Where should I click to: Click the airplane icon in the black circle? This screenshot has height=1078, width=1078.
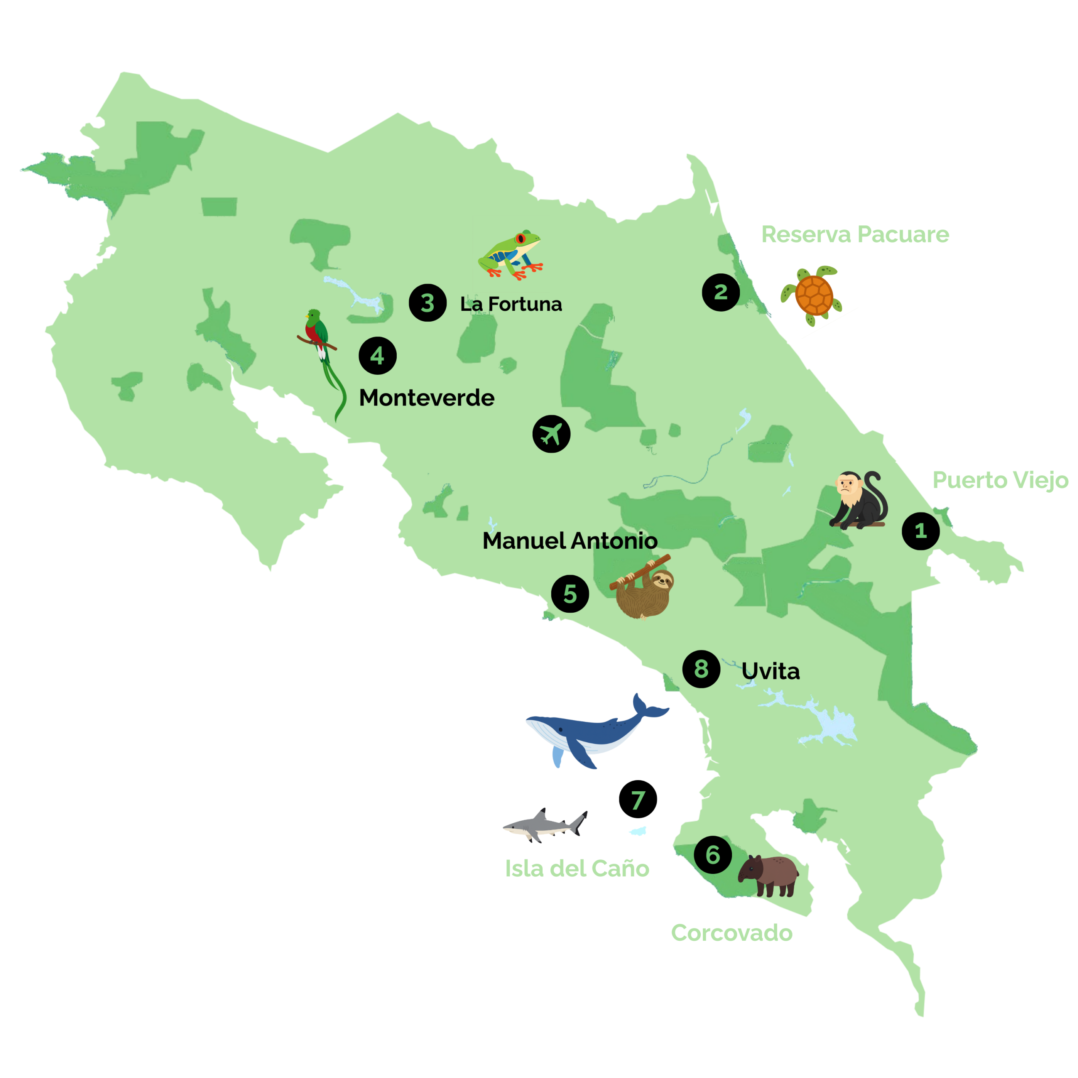point(551,434)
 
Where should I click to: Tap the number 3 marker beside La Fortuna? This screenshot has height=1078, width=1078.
point(427,303)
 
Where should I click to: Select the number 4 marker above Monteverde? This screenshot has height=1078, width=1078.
point(378,355)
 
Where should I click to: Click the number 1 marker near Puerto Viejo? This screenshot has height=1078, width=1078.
point(921,531)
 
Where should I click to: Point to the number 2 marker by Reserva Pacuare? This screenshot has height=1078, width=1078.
point(721,292)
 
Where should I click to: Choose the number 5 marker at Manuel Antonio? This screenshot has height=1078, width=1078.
point(570,594)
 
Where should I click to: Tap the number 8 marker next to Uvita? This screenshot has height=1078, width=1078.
point(702,669)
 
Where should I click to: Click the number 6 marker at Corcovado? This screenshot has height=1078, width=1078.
point(713,854)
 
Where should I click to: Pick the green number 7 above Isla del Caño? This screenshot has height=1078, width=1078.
point(638,800)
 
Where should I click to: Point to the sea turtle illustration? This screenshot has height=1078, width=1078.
point(813,294)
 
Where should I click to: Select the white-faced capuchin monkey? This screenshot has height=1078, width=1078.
point(857,501)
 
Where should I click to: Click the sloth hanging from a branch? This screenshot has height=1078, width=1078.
point(644,589)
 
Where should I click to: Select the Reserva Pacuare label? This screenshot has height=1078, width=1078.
point(855,235)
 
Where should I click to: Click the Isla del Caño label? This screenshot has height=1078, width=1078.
point(577,869)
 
